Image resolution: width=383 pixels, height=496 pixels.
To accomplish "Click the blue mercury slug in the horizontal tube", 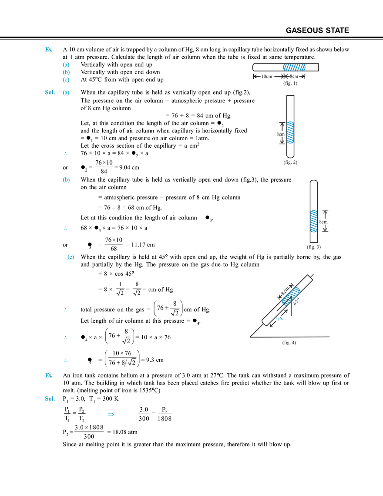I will coord(294,67).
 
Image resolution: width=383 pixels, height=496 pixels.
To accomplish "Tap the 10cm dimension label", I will coord(266,77).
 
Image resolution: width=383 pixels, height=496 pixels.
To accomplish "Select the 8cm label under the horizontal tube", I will coord(294,77).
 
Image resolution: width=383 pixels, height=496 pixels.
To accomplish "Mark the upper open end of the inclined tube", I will coord(310,278).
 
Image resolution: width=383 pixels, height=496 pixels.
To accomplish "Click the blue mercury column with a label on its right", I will coord(313,221).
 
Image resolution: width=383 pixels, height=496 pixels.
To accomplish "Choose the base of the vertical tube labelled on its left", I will coord(291,163).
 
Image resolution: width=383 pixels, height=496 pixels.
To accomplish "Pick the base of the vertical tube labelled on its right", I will coord(313,247).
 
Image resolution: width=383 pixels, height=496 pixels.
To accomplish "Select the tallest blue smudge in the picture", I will coord(66,72).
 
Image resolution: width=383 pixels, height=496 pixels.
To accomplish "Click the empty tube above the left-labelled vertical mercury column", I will coord(290,107).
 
